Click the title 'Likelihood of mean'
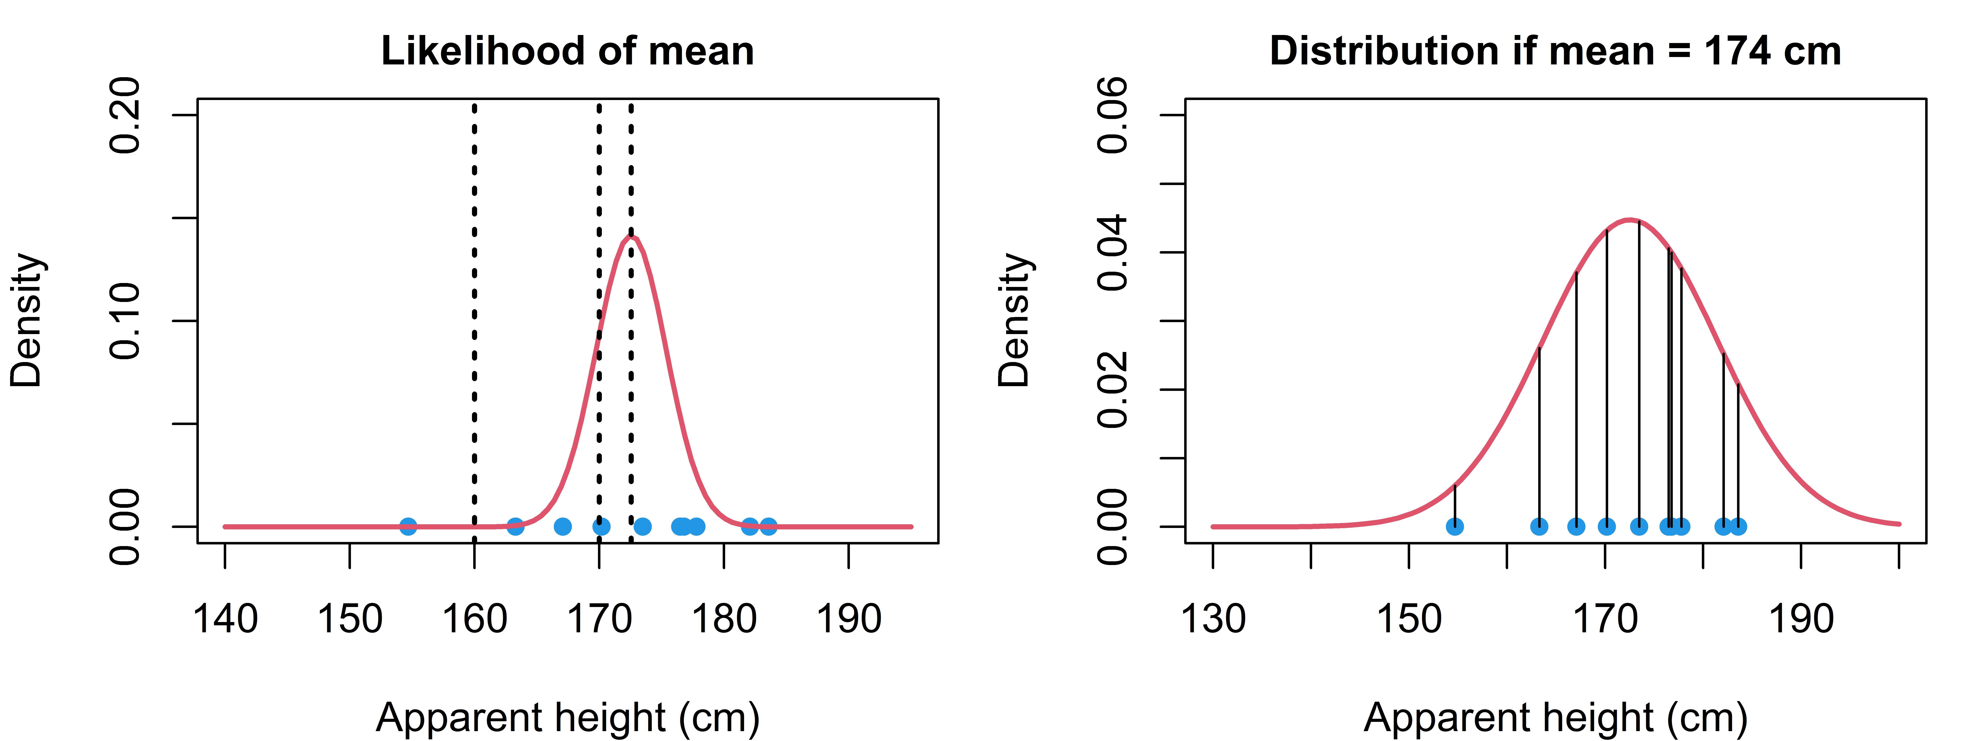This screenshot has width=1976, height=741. tap(568, 51)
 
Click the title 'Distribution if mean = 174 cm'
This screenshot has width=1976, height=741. tap(1556, 51)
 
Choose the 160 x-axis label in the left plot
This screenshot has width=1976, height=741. tap(475, 619)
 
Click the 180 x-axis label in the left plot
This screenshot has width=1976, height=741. tap(724, 619)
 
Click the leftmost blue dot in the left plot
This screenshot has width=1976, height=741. tap(408, 526)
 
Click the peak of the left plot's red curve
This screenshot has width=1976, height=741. tap(630, 236)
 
